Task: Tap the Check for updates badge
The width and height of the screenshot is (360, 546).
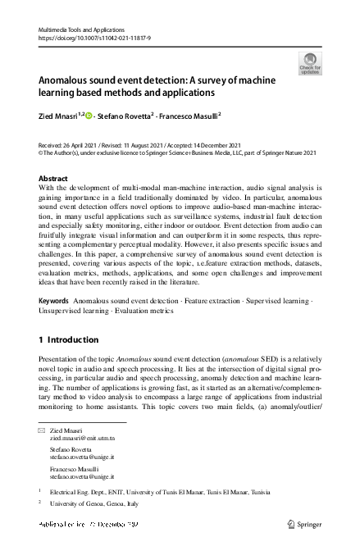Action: [x=310, y=64]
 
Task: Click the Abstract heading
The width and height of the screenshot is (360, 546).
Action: [x=54, y=178]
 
